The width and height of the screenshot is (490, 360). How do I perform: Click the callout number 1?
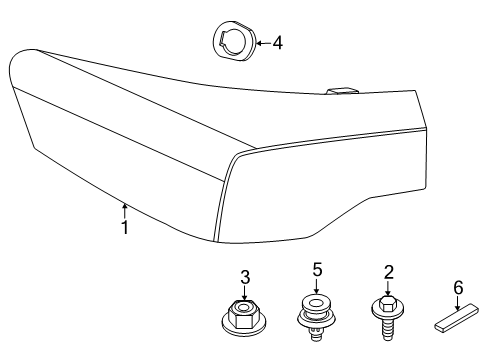(x=124, y=227)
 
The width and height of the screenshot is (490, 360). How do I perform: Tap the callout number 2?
(x=387, y=270)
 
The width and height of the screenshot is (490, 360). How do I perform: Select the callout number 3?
(x=245, y=277)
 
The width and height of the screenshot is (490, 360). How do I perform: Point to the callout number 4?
(x=277, y=42)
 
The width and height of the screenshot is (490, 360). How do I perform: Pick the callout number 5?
(x=317, y=269)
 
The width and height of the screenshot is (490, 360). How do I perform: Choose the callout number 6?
(x=457, y=288)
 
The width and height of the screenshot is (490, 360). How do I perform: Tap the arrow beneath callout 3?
(x=245, y=293)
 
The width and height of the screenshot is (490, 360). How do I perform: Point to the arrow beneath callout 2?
(x=387, y=287)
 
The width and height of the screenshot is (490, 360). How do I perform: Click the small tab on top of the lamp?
(x=341, y=92)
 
